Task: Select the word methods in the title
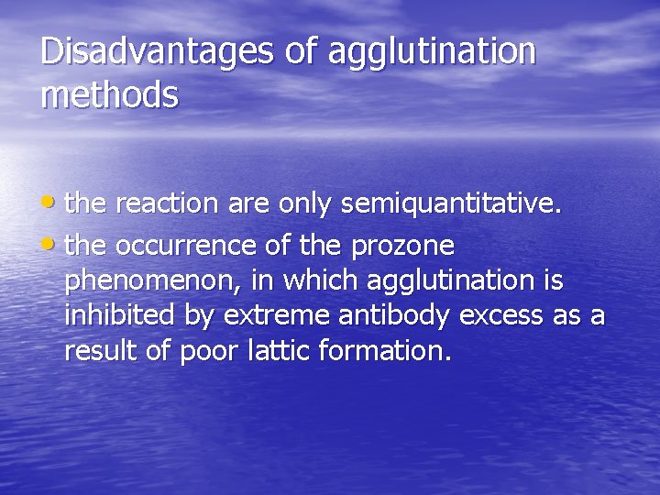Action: pos(109,94)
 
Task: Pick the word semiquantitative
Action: pos(449,205)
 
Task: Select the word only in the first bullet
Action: pos(304,205)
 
